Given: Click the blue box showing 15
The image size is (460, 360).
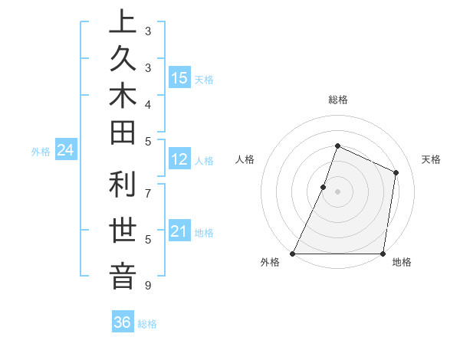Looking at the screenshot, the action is coord(179,78).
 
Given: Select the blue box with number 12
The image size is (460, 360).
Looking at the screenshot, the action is coord(179,160).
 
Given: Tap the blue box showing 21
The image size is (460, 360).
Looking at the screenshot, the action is coord(179,231).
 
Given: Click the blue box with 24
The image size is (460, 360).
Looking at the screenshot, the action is coord(66,151).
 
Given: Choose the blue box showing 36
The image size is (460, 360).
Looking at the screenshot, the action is coord(123,322).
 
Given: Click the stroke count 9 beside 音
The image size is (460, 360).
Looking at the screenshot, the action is coord(148,286).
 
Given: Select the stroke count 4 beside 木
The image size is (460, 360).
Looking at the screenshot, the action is coord(148,103).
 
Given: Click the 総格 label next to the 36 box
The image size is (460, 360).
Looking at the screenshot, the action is coord(147,324).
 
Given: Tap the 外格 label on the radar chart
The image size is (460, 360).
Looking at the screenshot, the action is coord(270,263).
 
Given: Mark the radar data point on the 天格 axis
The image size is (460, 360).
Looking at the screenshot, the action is coord(396,172).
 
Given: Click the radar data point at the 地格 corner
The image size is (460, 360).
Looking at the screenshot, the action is coord(383,254).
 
